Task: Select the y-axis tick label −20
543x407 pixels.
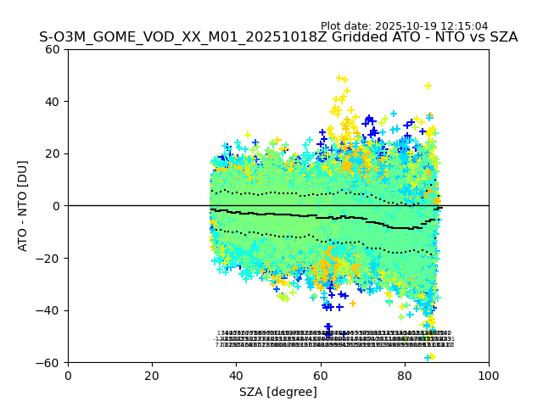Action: pyautogui.click(x=50, y=258)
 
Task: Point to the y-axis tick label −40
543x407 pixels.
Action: pyautogui.click(x=50, y=310)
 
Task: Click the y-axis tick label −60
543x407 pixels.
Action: pyautogui.click(x=50, y=362)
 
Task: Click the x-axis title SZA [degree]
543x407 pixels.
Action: pyautogui.click(x=278, y=392)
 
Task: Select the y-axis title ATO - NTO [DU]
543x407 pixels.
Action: pyautogui.click(x=24, y=206)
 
